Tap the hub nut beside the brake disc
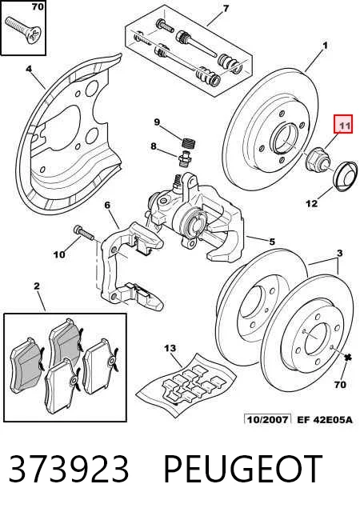[317, 159]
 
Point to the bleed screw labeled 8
[185, 157]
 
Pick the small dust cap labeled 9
[189, 143]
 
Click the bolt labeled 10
[85, 234]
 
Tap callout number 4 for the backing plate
[29, 69]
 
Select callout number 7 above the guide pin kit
[226, 8]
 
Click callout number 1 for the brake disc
[325, 46]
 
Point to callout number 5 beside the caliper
[272, 242]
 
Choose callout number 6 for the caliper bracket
[107, 205]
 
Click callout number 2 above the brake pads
[37, 286]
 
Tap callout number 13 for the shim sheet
[170, 348]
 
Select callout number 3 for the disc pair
[340, 253]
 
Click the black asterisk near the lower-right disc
[348, 358]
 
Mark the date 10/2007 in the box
[267, 419]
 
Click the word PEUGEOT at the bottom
[242, 469]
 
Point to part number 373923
[69, 469]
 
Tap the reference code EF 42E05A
[325, 419]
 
